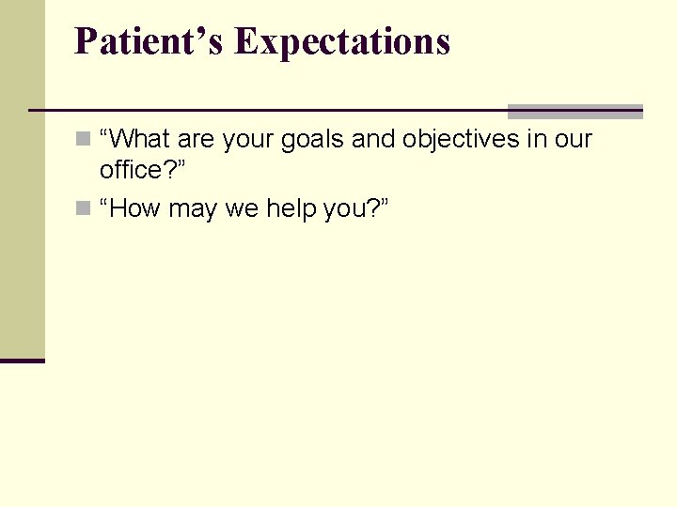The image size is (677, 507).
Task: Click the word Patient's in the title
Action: pos(150,41)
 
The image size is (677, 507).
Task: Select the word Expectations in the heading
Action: pos(342,42)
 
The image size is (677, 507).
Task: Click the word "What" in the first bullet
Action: pos(139,140)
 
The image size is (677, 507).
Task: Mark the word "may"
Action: pos(192,208)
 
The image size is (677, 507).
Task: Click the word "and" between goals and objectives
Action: pos(373,140)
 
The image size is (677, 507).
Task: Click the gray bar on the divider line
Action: pos(575,111)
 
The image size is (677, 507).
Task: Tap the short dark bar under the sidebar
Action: pos(22,360)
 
